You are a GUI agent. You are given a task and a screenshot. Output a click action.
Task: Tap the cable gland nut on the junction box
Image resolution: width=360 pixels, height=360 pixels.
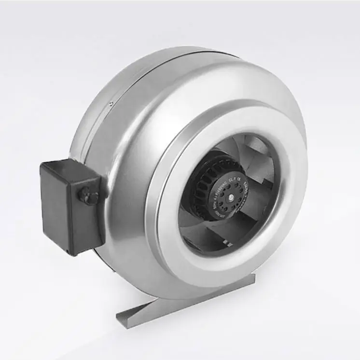pos(89,197)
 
